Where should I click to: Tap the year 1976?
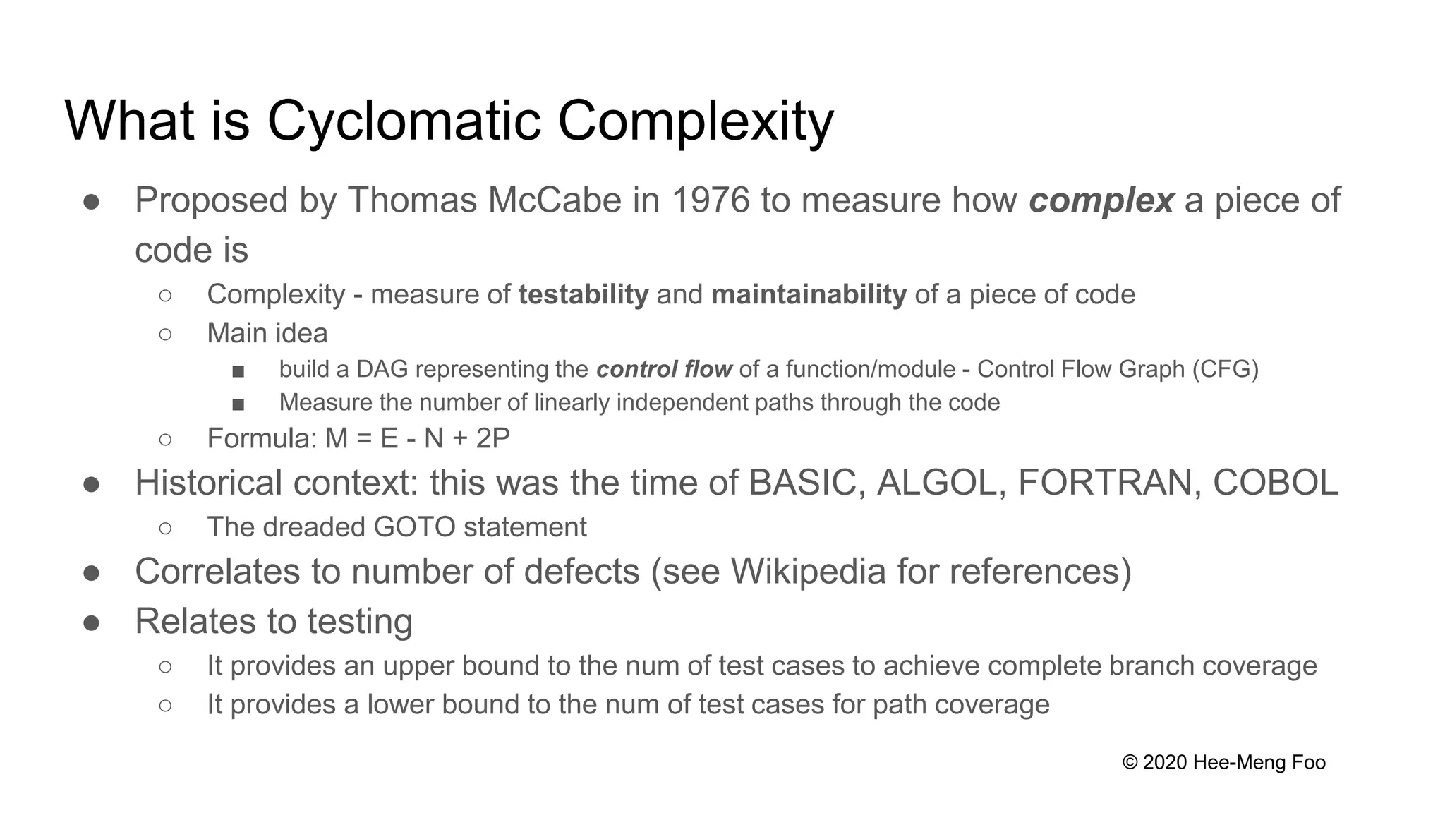pyautogui.click(x=710, y=200)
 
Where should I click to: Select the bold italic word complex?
pyautogui.click(x=1101, y=200)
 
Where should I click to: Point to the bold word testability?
pyautogui.click(x=583, y=295)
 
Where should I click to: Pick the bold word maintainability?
pyautogui.click(x=809, y=295)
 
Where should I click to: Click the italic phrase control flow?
pyautogui.click(x=664, y=370)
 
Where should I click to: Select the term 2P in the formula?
pyautogui.click(x=492, y=439)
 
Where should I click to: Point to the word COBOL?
pyautogui.click(x=1275, y=483)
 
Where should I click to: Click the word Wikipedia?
pyautogui.click(x=808, y=572)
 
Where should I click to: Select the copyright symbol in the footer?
pyautogui.click(x=1130, y=763)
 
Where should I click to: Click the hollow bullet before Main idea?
pyautogui.click(x=165, y=335)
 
